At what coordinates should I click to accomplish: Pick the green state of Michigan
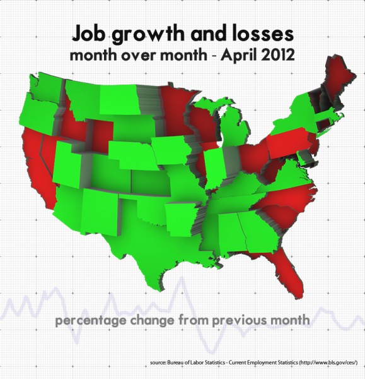tap(236, 126)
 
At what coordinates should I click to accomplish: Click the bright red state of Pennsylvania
tap(290, 142)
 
